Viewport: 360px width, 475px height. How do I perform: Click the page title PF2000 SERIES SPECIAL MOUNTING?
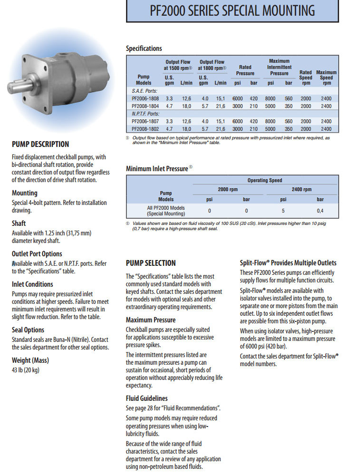(232, 10)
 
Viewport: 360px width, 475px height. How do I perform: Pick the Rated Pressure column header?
(245, 70)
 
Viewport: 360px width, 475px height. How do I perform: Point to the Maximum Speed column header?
(326, 78)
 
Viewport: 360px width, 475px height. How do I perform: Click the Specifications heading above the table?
(144, 48)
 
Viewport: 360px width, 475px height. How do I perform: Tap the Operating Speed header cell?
(264, 180)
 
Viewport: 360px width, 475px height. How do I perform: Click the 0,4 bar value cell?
(320, 211)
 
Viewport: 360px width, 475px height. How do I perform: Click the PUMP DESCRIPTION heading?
(40, 144)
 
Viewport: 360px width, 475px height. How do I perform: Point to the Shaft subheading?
(19, 223)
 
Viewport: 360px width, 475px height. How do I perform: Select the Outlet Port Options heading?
(37, 254)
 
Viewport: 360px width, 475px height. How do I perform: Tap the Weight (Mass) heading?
(30, 360)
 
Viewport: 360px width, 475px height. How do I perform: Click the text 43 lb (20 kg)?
(26, 370)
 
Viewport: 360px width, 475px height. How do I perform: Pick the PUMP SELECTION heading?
(151, 263)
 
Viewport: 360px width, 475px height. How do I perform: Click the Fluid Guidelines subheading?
(146, 398)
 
